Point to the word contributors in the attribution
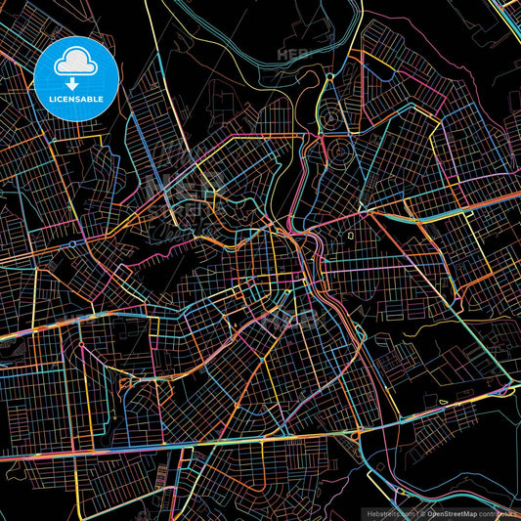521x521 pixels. click(x=498, y=513)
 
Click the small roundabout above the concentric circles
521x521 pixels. click(x=330, y=76)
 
